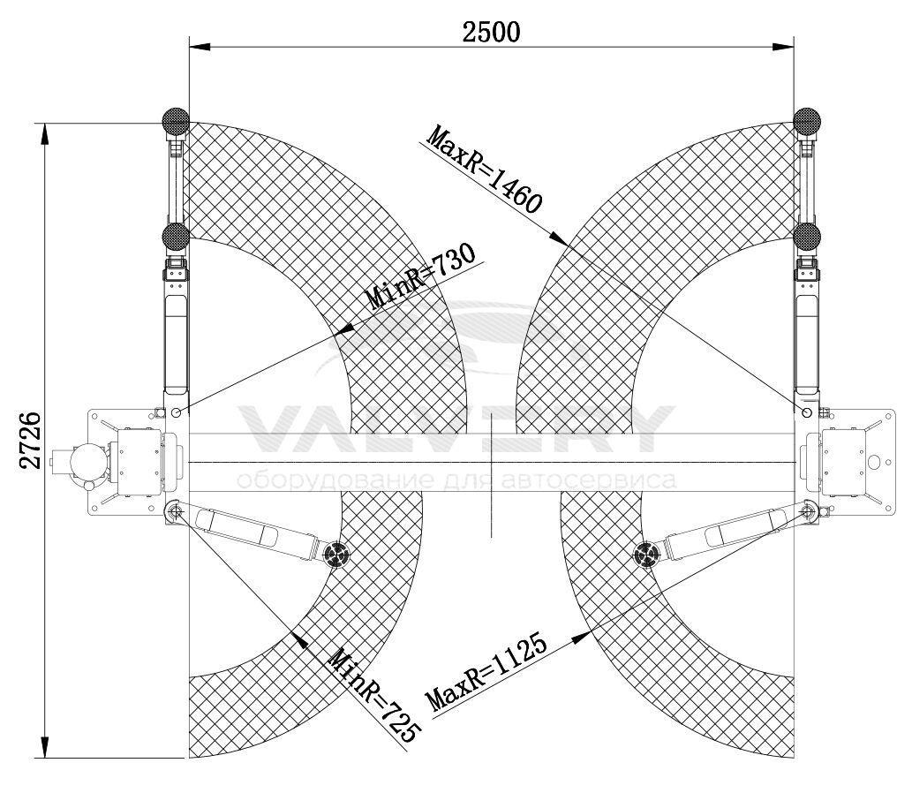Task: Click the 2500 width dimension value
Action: tap(491, 32)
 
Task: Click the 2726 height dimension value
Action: tap(30, 441)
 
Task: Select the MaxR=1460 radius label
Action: tap(484, 170)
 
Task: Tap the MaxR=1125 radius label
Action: tap(486, 672)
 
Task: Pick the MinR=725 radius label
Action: tap(373, 696)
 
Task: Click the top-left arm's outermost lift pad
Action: tap(175, 121)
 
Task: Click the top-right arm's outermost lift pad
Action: tap(807, 121)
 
